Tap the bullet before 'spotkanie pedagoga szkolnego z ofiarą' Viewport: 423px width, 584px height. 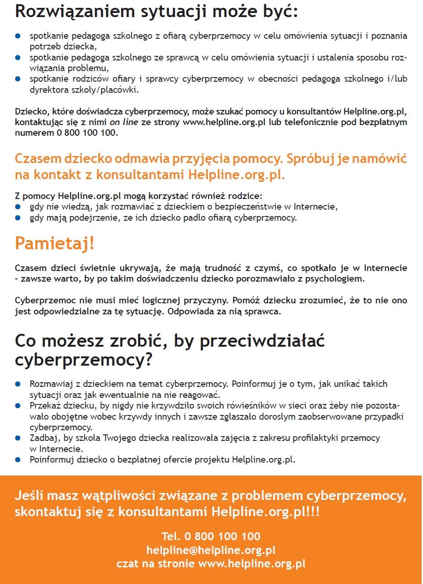click(18, 35)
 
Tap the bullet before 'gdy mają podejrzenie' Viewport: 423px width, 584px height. click(18, 217)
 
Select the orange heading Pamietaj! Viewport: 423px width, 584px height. click(54, 243)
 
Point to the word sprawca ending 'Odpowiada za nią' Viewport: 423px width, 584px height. click(264, 311)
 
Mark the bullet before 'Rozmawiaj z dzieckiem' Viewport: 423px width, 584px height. click(18, 384)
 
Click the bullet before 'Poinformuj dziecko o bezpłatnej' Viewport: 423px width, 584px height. click(18, 459)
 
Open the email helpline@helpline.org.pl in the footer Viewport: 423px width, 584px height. click(211, 550)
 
